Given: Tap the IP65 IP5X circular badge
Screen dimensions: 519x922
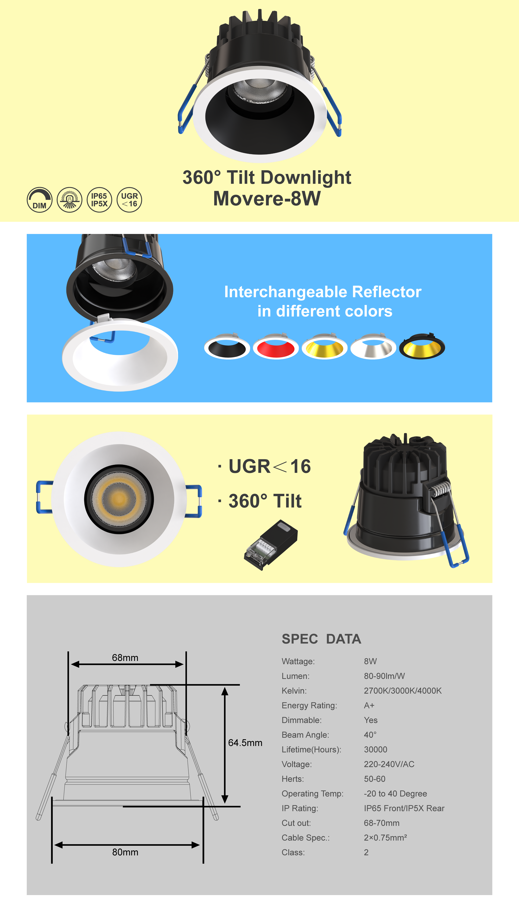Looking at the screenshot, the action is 99,200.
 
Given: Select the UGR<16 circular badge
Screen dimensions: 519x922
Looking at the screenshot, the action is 129,200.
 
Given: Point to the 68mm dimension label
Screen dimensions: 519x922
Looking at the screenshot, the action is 125,657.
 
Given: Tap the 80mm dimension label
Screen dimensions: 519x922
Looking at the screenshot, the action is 125,852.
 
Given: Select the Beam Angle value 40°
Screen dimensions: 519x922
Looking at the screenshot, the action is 370,735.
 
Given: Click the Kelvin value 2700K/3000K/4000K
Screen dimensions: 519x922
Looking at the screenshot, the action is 403,691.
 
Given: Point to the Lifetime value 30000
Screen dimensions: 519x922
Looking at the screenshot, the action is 375,750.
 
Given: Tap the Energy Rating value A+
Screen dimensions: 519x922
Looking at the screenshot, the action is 369,706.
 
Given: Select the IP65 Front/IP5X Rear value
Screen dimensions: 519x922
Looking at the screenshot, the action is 404,808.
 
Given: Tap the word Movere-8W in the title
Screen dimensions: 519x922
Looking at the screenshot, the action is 267,199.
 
